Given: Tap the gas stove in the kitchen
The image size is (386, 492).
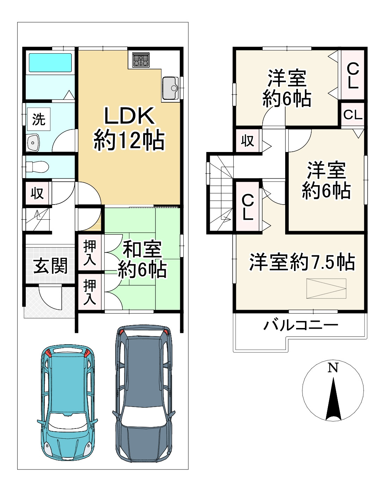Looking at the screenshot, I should (x=141, y=60).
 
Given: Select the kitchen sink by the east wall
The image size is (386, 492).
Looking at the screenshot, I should (x=170, y=88).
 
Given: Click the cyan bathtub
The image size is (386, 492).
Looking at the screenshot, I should (x=50, y=63).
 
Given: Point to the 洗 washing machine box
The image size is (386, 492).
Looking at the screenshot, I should (x=39, y=119).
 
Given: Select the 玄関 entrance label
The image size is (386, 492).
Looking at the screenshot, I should (x=50, y=266).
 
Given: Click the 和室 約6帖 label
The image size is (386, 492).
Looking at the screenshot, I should (x=142, y=260).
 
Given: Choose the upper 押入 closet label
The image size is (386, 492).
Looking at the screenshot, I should (x=90, y=253).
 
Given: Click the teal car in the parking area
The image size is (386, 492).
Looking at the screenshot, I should (x=67, y=402).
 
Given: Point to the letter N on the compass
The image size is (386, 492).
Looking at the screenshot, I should (x=333, y=368).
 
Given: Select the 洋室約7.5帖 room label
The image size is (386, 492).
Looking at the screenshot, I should (x=302, y=262).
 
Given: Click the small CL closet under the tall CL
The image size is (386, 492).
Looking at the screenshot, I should (x=353, y=115).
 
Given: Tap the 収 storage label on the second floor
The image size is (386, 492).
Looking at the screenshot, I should (x=247, y=141).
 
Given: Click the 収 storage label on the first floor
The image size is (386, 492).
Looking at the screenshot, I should (x=37, y=193).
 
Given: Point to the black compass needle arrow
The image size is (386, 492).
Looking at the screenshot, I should (x=333, y=400).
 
